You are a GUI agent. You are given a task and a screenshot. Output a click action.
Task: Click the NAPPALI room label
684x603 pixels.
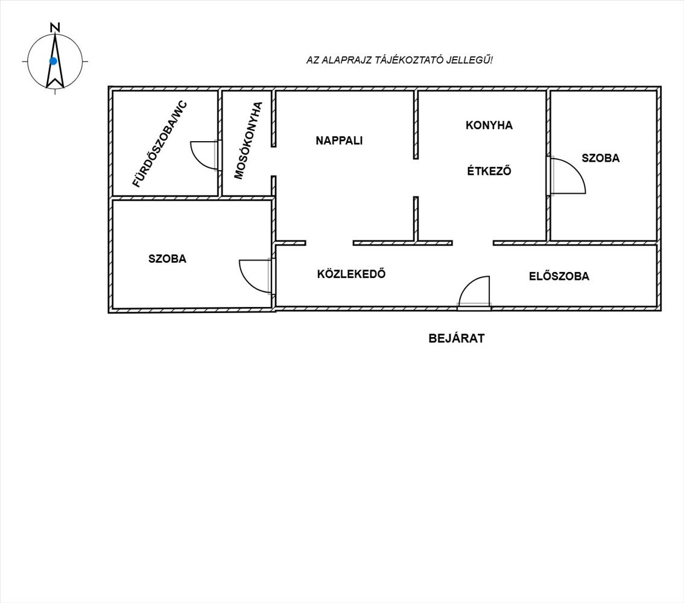[x=339, y=140]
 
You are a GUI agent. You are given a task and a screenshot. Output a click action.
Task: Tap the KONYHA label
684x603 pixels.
[x=489, y=125]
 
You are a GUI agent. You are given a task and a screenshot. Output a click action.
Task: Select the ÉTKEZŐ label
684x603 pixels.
[x=489, y=171]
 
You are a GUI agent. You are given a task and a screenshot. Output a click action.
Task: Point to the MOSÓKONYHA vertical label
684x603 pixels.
[x=249, y=140]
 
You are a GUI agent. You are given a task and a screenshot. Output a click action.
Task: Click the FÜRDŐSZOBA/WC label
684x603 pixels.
[x=160, y=144]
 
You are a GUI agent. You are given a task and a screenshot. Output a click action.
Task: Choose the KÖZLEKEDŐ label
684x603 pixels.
[x=351, y=274]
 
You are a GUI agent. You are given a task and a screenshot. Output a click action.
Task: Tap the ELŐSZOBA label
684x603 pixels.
[x=559, y=277]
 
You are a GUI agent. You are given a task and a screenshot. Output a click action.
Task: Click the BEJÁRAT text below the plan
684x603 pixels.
[x=457, y=338]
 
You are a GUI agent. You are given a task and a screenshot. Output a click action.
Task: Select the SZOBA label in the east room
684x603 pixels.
[x=600, y=158]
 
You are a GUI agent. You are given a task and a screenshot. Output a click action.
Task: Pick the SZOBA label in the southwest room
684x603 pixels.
[x=167, y=259]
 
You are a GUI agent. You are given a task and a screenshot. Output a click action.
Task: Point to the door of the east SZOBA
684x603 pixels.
[x=567, y=175]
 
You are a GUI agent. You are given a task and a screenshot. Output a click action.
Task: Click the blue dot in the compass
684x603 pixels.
[x=53, y=61]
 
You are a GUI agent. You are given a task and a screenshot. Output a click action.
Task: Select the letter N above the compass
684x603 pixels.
[x=55, y=27]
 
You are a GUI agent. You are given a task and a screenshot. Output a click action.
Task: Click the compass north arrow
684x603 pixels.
[x=55, y=60]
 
